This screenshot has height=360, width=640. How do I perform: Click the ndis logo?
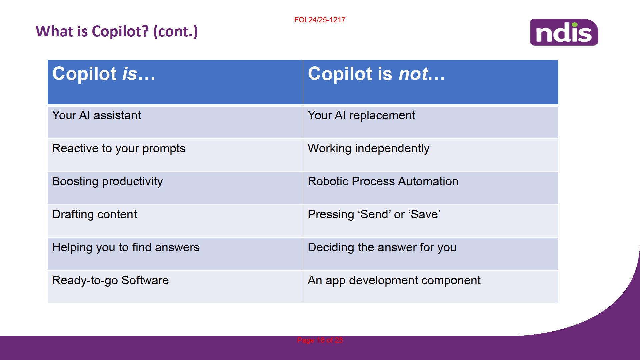point(564,32)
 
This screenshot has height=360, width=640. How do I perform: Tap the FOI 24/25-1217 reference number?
point(320,20)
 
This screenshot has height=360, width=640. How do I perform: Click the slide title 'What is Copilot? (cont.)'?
point(117,31)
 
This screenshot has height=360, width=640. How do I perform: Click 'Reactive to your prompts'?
point(119,149)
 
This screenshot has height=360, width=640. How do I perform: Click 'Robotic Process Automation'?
point(383,181)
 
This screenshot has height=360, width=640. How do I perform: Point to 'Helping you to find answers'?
point(126,248)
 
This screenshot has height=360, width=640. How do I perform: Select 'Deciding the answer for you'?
point(382,248)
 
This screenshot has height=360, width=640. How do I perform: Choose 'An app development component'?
point(394,281)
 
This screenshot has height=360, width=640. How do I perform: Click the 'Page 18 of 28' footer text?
point(320,340)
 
